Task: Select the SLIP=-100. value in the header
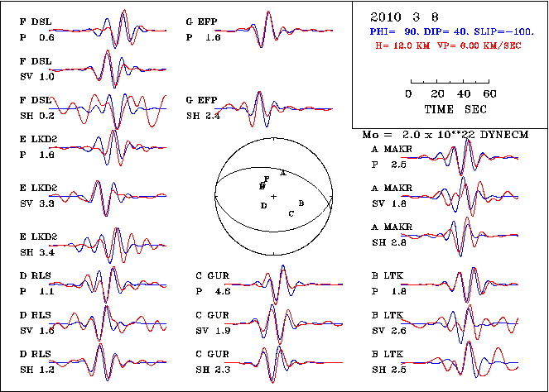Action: coord(506,31)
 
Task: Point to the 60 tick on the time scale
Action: coord(490,94)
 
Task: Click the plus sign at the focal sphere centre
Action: coord(273,196)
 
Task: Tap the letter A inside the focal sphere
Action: coord(283,173)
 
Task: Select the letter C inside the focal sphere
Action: coord(291,213)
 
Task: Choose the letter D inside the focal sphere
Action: coord(263,205)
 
